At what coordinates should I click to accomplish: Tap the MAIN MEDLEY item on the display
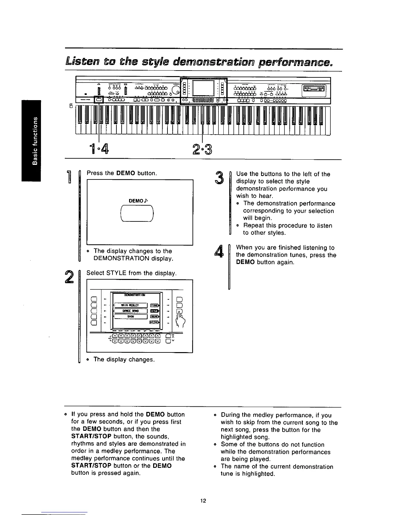(x=130, y=305)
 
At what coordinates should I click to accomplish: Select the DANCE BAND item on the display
(x=130, y=310)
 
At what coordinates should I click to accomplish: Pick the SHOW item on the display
(x=130, y=316)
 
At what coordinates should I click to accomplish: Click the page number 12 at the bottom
(x=203, y=501)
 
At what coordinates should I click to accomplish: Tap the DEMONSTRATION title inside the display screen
(x=136, y=295)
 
